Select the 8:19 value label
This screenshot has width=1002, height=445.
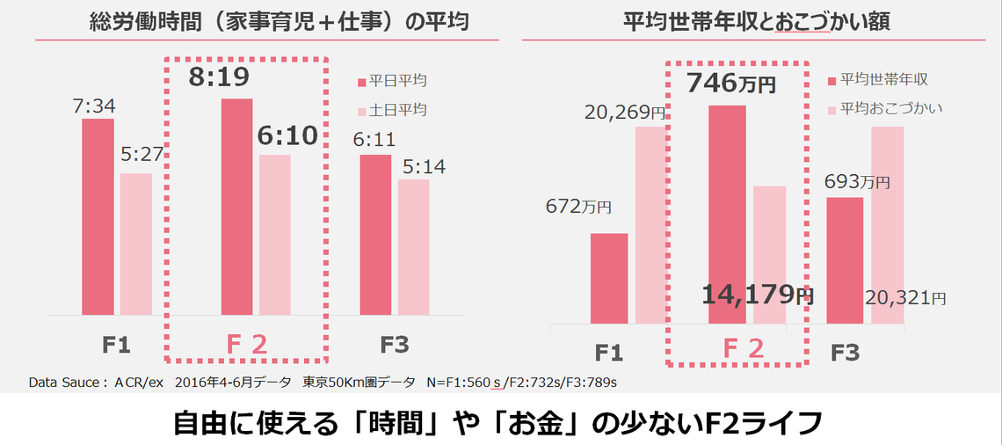coord(220,77)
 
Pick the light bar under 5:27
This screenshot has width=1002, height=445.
coord(136,244)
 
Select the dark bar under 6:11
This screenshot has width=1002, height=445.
coord(375,234)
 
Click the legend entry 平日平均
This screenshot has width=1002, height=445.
coord(397,81)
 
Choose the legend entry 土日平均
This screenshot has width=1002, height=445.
coord(397,110)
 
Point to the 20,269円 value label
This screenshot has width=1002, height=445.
coord(625,112)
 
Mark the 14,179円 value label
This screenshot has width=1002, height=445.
coord(758,295)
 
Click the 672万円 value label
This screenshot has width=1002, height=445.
coord(578,207)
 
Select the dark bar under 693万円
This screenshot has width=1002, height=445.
coord(845,260)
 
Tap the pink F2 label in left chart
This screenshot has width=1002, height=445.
coord(246,345)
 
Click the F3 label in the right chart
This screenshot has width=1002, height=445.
coord(846,353)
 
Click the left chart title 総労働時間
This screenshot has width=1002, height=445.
coord(279,23)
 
